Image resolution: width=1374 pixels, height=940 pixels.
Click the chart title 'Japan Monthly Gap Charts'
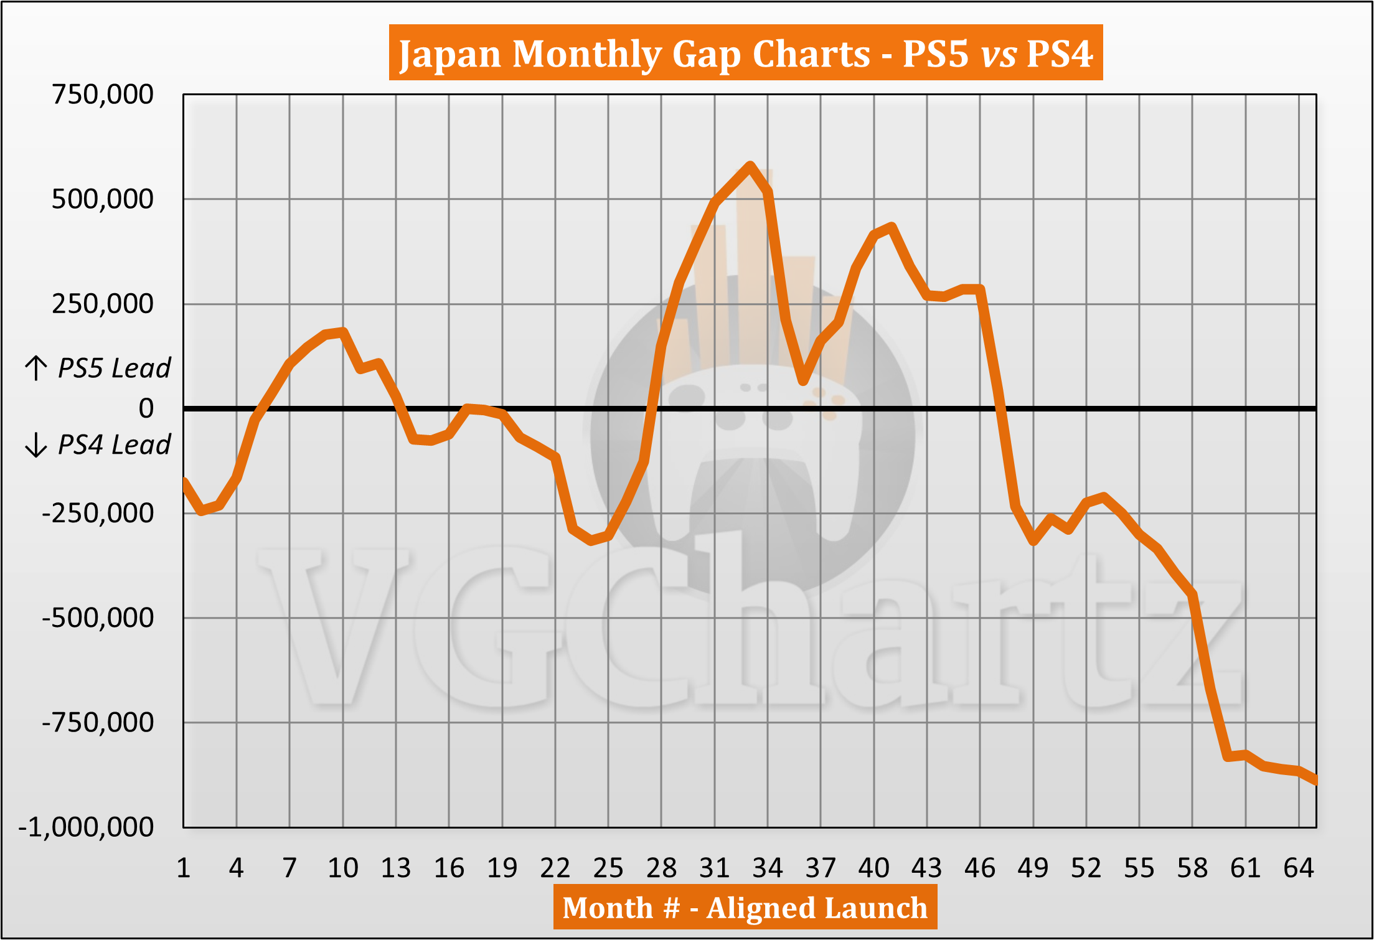coord(634,54)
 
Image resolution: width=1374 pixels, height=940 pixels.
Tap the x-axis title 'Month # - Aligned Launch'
coord(745,908)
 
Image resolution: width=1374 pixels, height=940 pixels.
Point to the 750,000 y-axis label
coord(103,95)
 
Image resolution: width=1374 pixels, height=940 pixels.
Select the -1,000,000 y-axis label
coord(87,827)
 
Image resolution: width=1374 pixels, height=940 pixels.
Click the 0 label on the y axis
coord(146,408)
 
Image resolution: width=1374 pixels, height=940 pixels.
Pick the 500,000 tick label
coord(103,199)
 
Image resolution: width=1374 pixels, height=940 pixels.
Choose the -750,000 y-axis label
coord(98,723)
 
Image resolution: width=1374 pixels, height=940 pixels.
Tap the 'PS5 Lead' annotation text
coord(114,368)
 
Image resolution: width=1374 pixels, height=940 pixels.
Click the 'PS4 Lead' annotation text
coord(114,445)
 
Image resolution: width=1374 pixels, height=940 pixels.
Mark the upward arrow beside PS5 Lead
coord(36,368)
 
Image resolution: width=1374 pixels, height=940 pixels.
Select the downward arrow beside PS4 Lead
coord(36,445)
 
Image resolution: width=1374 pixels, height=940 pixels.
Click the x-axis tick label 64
coord(1299,868)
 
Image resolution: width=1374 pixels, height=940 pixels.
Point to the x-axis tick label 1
coord(183,868)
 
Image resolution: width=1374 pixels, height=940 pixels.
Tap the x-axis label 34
coord(768,868)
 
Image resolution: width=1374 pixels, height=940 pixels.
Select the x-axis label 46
coord(980,868)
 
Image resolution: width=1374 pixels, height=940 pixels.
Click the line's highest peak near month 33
coord(750,166)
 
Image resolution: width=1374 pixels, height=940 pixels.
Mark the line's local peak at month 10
coord(343,331)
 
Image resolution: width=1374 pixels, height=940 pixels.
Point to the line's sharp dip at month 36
coord(803,380)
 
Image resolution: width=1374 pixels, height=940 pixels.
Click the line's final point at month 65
coord(1315,781)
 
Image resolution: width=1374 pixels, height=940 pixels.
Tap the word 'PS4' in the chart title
coord(1059,54)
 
